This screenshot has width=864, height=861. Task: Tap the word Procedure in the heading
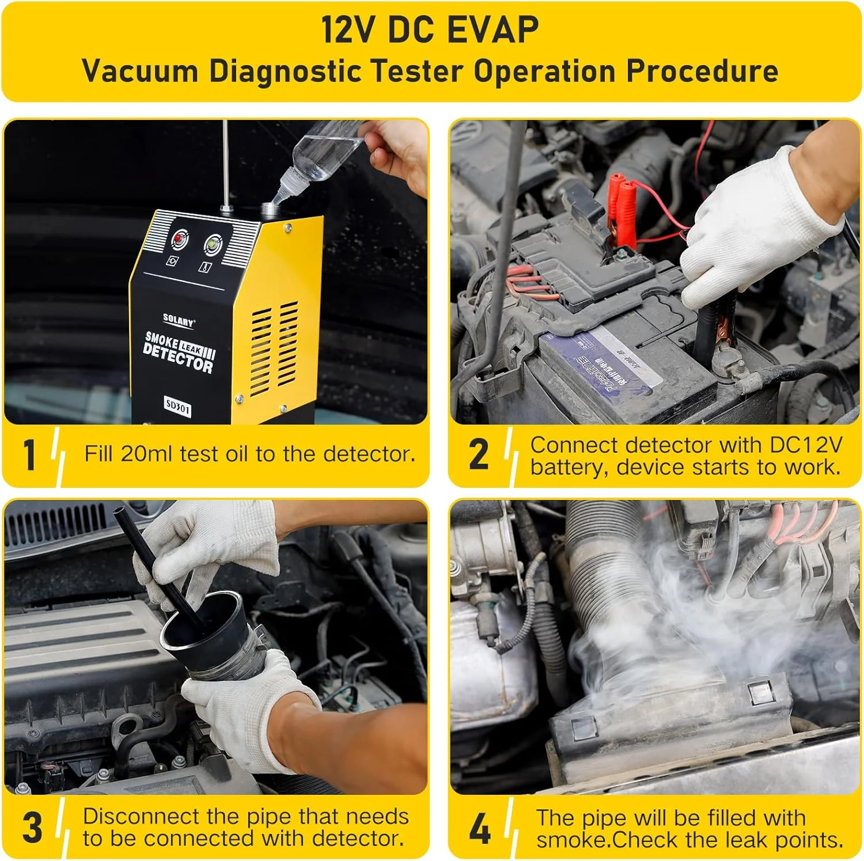pos(702,71)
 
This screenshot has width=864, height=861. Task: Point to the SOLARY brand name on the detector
pos(179,320)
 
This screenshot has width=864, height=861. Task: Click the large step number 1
pos(30,455)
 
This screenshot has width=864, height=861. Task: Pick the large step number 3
pos(32,828)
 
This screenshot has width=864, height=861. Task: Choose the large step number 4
pos(479,829)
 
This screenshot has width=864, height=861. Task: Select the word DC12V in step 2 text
pos(806,445)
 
